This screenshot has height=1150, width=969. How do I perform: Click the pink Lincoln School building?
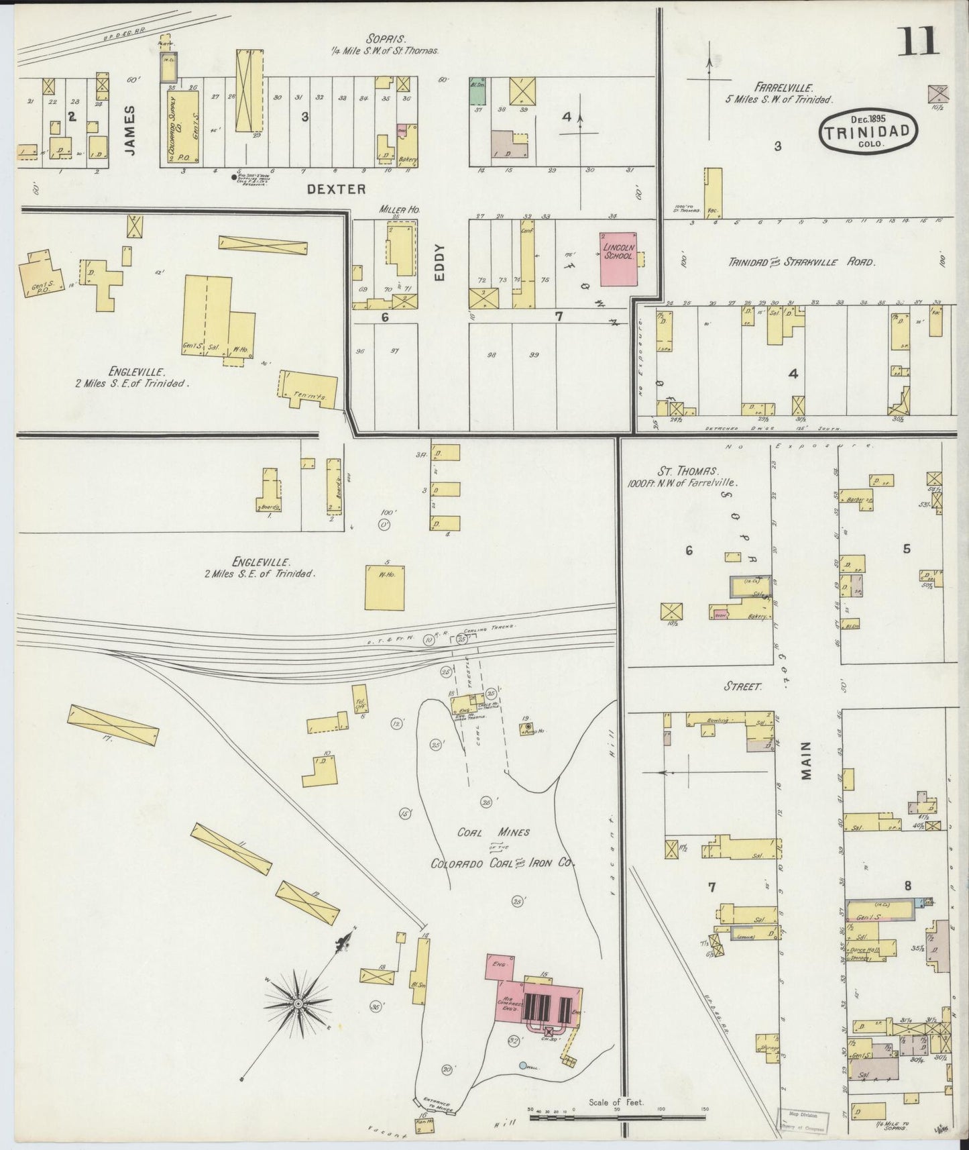click(619, 258)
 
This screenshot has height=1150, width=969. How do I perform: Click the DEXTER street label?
click(336, 189)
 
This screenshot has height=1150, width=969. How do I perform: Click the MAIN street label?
click(805, 760)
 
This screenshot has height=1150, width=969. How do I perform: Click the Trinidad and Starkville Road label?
click(801, 262)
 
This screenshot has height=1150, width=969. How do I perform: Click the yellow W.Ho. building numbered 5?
click(385, 587)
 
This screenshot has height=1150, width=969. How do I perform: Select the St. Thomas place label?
click(674, 470)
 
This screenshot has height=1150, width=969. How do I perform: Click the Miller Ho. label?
click(399, 210)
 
